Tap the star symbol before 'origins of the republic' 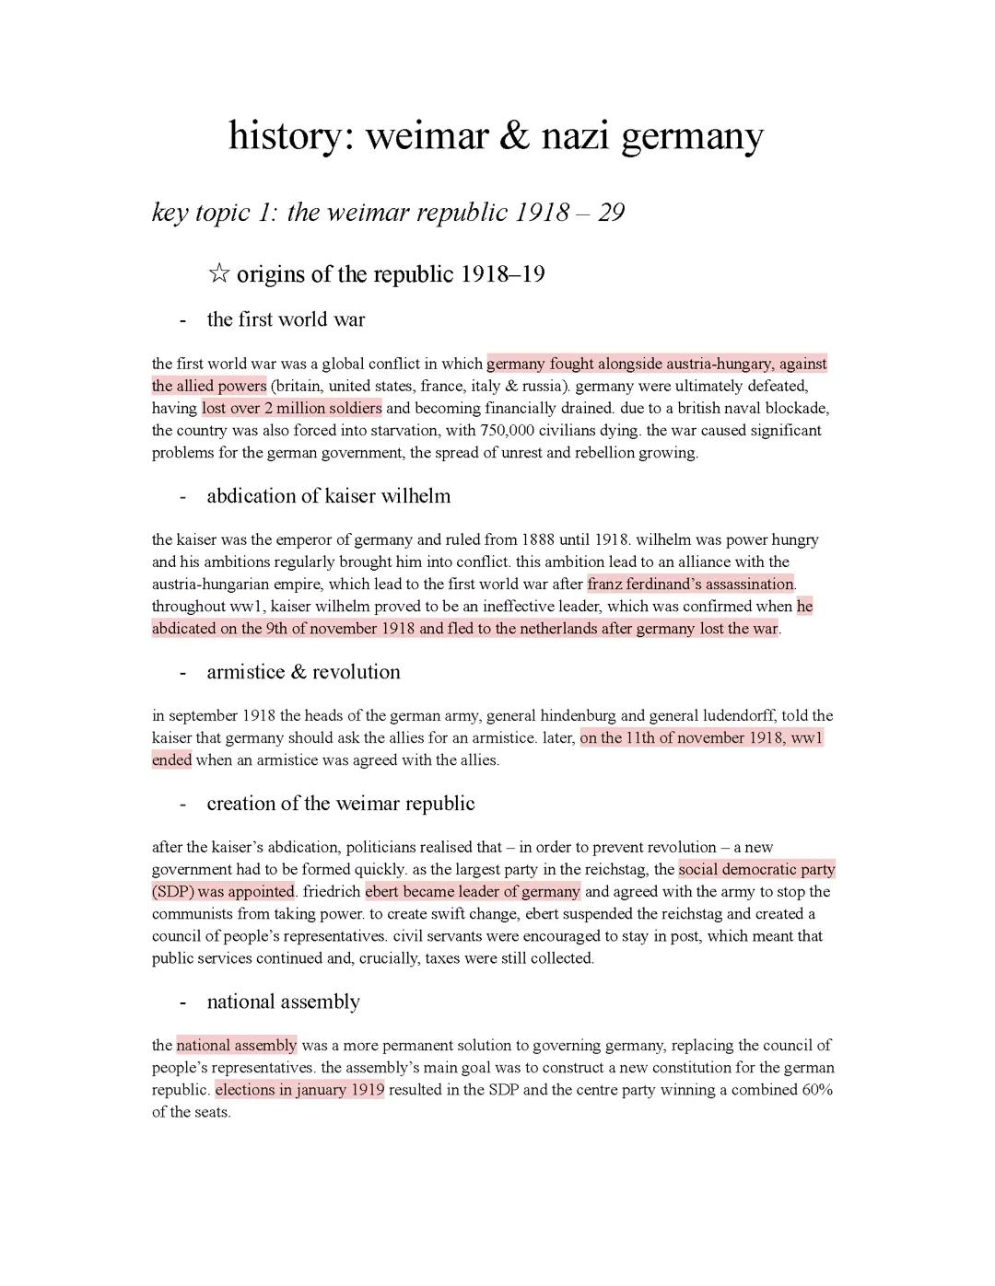pyautogui.click(x=218, y=274)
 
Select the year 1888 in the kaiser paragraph pyautogui.click(x=538, y=540)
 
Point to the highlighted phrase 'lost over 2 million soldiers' pyautogui.click(x=291, y=409)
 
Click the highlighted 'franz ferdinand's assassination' pyautogui.click(x=690, y=585)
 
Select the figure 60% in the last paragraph pyautogui.click(x=817, y=1090)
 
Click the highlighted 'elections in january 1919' pyautogui.click(x=299, y=1090)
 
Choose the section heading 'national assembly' pyautogui.click(x=283, y=1002)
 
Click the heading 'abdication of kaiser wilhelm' pyautogui.click(x=328, y=496)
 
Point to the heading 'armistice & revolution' pyautogui.click(x=303, y=672)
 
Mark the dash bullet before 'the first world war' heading pyautogui.click(x=183, y=319)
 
